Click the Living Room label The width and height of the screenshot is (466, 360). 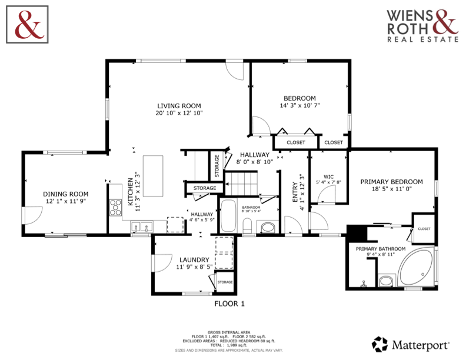tap(179, 106)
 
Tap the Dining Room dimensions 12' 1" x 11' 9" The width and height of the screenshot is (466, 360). tap(66, 201)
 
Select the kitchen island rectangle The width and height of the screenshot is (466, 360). tap(153, 176)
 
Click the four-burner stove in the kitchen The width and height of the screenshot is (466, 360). tap(115, 207)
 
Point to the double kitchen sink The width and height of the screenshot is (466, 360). tap(141, 227)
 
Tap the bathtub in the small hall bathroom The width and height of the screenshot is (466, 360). tap(228, 216)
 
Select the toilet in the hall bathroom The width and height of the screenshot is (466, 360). tap(247, 226)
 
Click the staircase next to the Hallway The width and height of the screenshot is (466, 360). tap(241, 184)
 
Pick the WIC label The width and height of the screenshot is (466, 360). tap(328, 176)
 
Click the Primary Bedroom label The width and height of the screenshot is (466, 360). tap(391, 182)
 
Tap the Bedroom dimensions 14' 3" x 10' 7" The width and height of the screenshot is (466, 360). tap(299, 105)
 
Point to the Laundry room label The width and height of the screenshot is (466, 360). tap(194, 259)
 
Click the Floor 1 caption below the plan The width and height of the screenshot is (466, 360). tap(229, 304)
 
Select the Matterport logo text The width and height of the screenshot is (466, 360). tap(420, 345)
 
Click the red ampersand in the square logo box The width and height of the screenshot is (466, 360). tap(29, 25)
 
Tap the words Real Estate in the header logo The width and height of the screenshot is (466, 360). tap(423, 39)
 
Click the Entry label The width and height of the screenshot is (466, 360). tap(295, 192)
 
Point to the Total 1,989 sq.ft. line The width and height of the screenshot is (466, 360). tap(229, 345)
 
